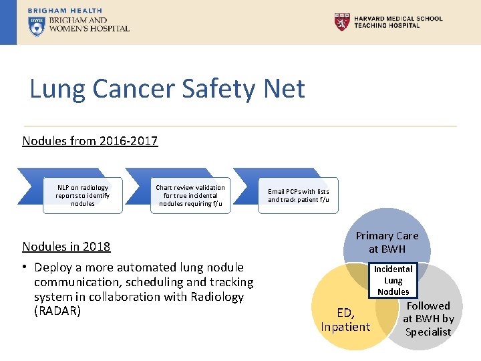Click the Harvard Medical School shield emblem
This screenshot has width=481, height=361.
coord(341,22)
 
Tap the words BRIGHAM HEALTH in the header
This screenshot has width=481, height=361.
coord(65,11)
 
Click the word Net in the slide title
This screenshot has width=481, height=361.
coord(283,89)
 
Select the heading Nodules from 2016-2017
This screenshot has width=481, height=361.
coord(90,141)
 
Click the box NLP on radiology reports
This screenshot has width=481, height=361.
coord(83,195)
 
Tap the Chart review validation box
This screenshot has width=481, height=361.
coord(190,195)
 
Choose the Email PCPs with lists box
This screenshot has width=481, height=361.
coord(299,195)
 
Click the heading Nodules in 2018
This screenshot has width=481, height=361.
coord(66,246)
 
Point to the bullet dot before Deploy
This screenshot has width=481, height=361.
coord(26,267)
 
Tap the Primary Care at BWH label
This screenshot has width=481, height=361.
coord(387,242)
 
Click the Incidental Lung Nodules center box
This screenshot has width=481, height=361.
coord(393,280)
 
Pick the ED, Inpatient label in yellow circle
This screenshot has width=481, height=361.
coord(345,320)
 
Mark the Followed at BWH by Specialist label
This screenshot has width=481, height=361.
coord(428,319)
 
